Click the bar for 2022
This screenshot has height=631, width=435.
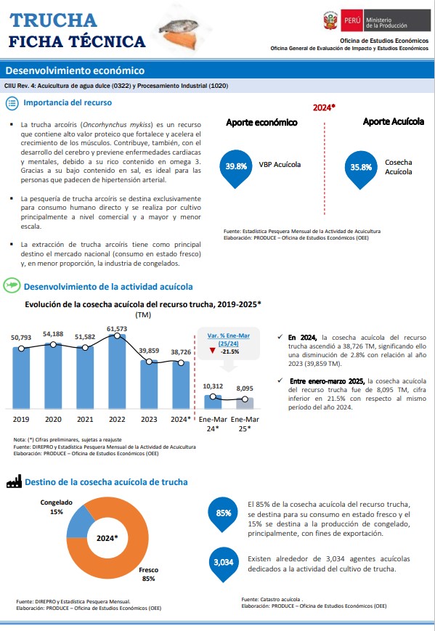117,372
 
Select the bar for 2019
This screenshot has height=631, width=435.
21,378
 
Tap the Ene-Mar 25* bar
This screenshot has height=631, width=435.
245,403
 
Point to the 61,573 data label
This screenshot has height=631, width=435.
117,329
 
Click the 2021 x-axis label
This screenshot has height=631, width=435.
85,419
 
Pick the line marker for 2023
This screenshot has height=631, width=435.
149,362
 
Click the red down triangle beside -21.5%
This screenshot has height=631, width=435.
213,351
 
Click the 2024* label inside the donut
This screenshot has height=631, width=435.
107,538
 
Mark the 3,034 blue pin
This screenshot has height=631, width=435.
224,564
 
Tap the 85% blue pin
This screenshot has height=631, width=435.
224,515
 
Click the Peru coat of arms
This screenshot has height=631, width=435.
330,20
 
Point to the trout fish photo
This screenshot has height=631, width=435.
179,33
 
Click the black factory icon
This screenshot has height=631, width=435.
14,481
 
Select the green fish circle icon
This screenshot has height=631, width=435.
12,285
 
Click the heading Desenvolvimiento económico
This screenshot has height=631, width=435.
75,70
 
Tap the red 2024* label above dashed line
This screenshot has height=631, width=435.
324,108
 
